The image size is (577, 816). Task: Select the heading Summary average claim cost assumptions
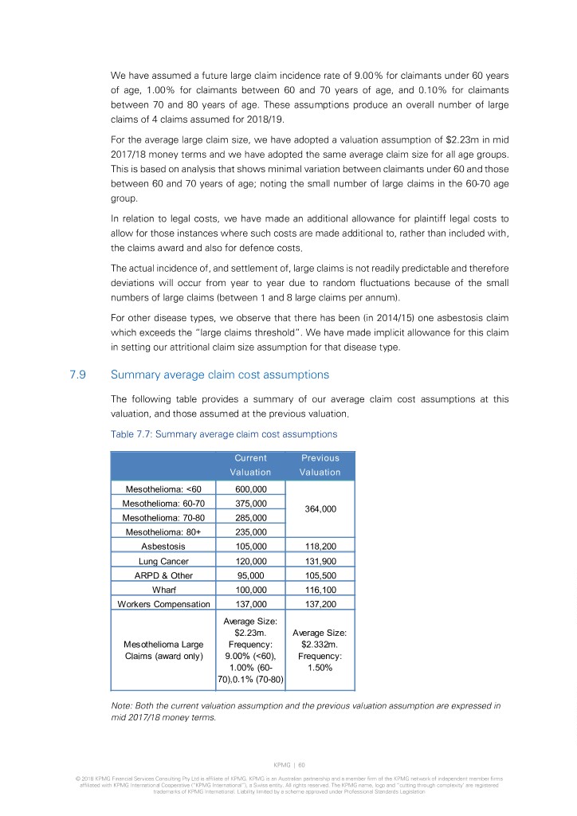point(219,374)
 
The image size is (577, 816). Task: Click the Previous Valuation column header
point(320,465)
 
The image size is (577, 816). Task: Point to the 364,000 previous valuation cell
point(320,512)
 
